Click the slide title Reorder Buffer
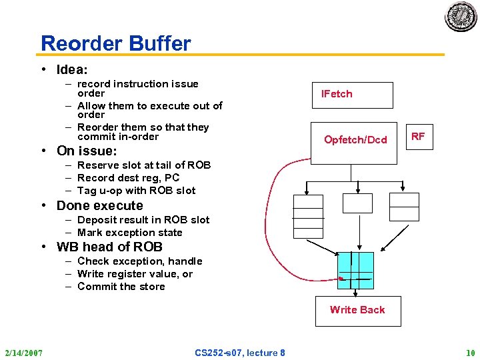115,44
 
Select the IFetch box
353,95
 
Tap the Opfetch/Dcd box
355,139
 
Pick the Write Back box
357,309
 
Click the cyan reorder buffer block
355,270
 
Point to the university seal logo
461,16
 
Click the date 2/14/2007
23,352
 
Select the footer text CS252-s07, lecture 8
240,352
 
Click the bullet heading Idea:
72,69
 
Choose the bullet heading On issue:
87,151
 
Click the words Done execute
99,205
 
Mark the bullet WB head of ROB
109,247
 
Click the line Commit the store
121,287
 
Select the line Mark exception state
129,233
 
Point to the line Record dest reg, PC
128,178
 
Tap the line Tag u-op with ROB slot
136,191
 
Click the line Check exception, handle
139,261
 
